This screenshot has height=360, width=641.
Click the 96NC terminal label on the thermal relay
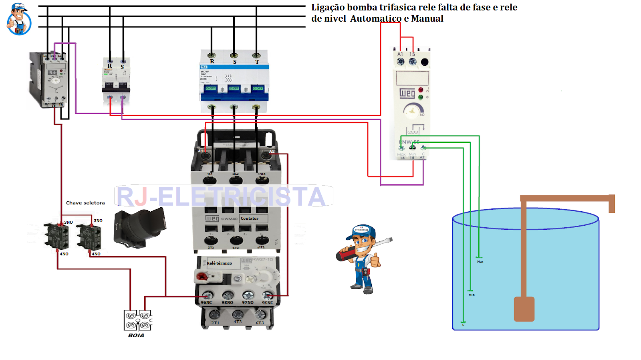tap(206, 303)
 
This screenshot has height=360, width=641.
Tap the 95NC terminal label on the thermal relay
tap(267, 303)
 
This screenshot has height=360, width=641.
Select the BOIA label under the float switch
tap(136, 335)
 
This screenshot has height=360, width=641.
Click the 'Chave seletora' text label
tap(85, 203)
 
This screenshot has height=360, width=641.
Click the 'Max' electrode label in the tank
tap(480, 261)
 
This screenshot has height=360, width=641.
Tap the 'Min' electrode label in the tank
tap(472, 295)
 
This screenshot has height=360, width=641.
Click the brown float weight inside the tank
tap(524, 309)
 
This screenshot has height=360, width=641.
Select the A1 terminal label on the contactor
tap(201, 151)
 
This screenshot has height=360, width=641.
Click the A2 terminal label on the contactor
tap(272, 152)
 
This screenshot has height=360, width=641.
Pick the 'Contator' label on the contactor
tap(250, 218)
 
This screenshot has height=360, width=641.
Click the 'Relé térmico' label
tap(219, 263)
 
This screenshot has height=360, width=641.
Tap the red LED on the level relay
tap(421, 90)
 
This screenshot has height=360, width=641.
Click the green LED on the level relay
tap(421, 97)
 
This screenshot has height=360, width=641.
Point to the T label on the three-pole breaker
tap(257, 62)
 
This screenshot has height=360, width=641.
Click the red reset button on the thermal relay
tap(202, 276)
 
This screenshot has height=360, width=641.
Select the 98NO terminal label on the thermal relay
tap(227, 303)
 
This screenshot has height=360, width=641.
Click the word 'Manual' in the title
tap(427, 18)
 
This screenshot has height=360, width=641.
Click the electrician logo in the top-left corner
tap(19, 19)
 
